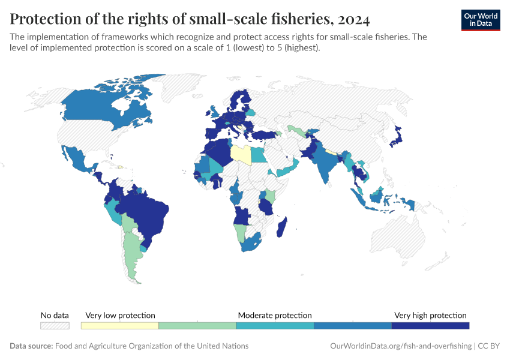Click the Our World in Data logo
click(x=480, y=20)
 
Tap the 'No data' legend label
click(x=55, y=315)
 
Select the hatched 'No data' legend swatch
click(x=55, y=326)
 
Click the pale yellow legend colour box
click(x=119, y=326)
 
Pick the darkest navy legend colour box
click(x=430, y=326)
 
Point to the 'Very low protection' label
click(x=120, y=315)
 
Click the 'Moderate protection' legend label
click(x=275, y=315)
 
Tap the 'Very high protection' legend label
click(x=430, y=315)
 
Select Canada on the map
click(x=96, y=111)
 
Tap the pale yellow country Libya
click(x=241, y=154)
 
